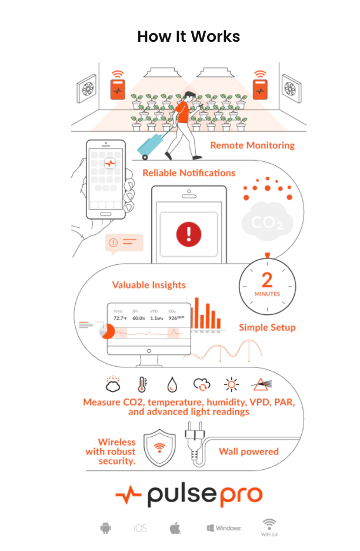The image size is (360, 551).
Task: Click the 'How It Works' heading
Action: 189,36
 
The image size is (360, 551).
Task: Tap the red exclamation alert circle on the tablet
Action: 188,235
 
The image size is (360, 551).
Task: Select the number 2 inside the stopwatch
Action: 267,280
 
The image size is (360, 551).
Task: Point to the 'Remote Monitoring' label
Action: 252,145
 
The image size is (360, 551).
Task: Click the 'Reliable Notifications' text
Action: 189,173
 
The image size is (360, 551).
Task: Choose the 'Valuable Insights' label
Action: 149,285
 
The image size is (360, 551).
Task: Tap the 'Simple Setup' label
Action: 267,327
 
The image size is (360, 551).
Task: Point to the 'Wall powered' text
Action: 249,452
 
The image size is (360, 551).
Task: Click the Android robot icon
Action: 105,528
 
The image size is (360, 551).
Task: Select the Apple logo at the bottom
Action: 175,528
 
